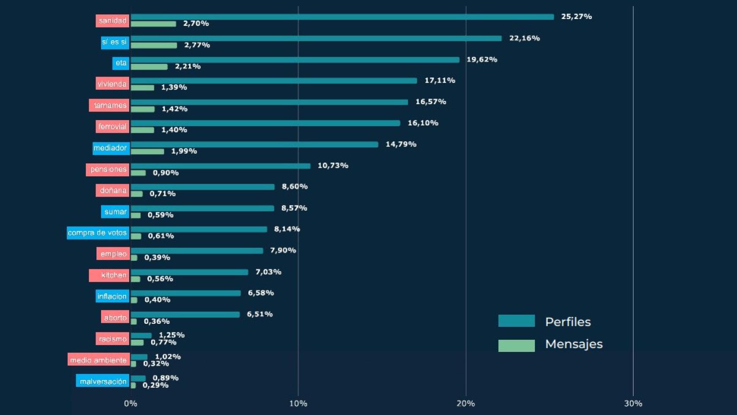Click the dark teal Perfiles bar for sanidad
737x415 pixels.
(x=342, y=17)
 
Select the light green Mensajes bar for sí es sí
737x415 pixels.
(x=154, y=45)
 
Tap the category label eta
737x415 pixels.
(x=121, y=63)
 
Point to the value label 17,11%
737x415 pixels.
(x=440, y=80)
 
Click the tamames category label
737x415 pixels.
(x=109, y=105)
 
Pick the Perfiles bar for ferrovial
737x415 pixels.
(x=265, y=123)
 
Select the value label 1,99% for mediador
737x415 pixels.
(x=184, y=151)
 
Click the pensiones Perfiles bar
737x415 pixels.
(x=220, y=166)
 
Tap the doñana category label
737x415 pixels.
(x=113, y=190)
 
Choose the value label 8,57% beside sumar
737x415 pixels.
(x=294, y=208)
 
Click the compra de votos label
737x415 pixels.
(x=98, y=233)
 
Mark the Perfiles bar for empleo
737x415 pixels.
(x=197, y=251)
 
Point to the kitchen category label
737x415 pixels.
(x=109, y=275)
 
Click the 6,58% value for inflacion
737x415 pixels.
(x=261, y=293)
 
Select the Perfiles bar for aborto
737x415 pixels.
(x=185, y=314)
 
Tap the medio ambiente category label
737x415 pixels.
(x=98, y=360)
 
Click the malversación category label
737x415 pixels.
(x=103, y=381)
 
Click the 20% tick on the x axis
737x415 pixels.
(x=466, y=403)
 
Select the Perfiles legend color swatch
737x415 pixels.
(x=516, y=321)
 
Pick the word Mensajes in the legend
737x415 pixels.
(x=574, y=344)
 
